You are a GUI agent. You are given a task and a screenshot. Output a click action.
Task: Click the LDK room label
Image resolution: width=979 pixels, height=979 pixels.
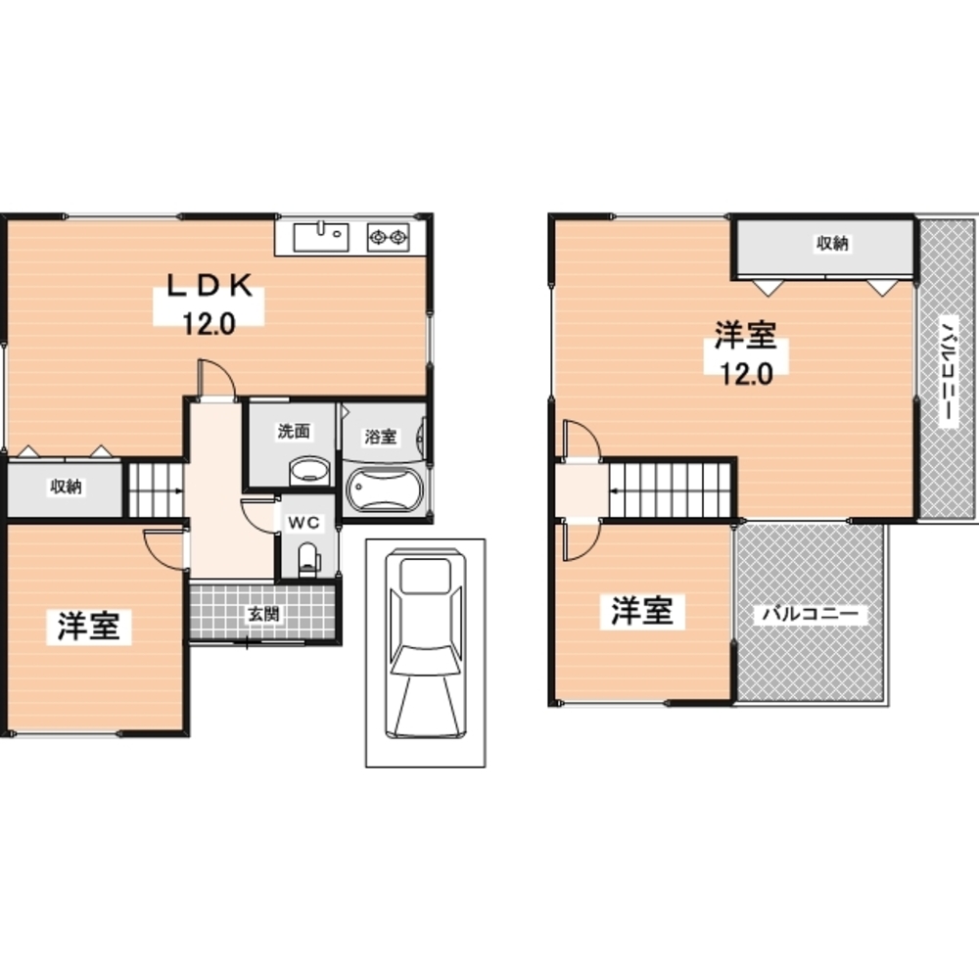coord(210,285)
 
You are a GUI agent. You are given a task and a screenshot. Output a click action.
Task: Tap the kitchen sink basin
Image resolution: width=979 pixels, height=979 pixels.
coord(321,237)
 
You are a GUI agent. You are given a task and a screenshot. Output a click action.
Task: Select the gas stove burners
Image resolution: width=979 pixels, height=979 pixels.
coord(388,237)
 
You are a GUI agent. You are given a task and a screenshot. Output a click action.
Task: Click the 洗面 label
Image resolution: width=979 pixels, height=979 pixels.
coord(294,431)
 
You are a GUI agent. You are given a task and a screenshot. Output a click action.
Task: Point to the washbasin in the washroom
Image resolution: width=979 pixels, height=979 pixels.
coord(309,471)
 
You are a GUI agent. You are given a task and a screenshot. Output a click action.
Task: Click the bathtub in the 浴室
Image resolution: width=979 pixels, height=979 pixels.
coord(385,489)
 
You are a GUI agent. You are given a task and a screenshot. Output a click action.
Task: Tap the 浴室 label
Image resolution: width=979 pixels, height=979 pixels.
coord(380,437)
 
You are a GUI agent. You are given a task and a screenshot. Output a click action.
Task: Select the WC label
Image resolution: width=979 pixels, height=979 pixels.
coord(303,523)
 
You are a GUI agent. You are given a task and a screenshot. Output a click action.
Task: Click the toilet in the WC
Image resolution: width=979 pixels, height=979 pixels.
coord(307,559)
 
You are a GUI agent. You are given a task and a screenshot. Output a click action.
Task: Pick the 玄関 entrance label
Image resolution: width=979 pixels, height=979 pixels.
coord(263,614)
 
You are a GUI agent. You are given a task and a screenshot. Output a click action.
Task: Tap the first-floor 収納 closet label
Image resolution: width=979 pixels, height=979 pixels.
coord(66,486)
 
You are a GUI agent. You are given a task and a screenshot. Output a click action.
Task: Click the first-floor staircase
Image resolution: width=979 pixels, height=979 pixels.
coord(156,489)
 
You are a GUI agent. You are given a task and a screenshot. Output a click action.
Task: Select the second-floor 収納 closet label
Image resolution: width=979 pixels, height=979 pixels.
coord(832,243)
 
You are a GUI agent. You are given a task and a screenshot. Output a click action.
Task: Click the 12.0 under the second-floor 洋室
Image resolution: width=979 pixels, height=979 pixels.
coord(747,373)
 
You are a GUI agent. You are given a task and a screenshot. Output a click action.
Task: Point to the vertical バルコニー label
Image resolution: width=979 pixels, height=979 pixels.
coord(948,372)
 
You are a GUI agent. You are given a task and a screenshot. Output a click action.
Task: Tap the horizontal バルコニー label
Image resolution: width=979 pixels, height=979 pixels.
coord(811,614)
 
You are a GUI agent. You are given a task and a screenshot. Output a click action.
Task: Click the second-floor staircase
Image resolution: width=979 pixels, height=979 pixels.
coord(670,489)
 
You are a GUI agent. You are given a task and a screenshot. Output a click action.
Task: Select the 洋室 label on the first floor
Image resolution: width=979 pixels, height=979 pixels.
coord(89,626)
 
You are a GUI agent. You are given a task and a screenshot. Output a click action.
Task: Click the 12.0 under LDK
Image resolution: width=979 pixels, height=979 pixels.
coord(209,324)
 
